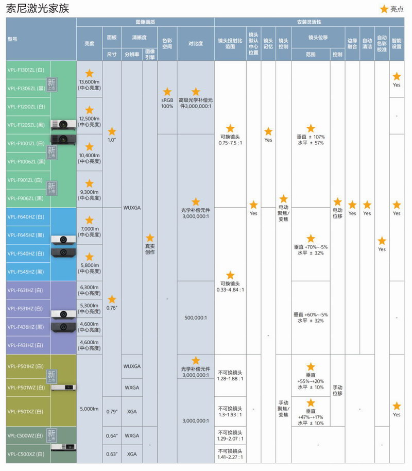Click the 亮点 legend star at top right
point(384,9)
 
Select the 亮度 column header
point(89,44)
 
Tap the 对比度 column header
point(195,44)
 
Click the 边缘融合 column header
point(352,44)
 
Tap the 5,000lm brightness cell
point(89,409)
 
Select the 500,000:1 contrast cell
point(195,317)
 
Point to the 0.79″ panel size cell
point(112,411)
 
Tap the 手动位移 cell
point(337,390)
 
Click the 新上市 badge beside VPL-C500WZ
point(51,434)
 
